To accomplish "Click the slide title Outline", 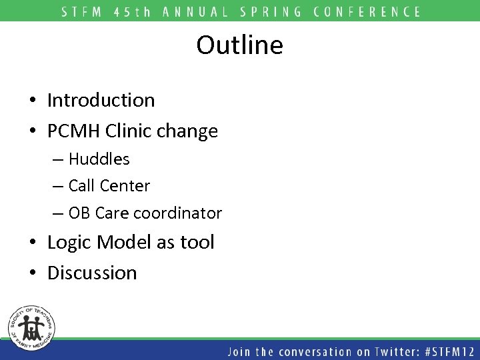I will [x=239, y=45].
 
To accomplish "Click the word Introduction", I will [x=101, y=100].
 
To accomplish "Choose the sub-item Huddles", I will [x=99, y=159].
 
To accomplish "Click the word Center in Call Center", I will [x=128, y=186].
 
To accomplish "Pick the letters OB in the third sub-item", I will [x=79, y=213].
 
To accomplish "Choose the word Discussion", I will [x=92, y=273].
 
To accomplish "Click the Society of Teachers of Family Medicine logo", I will [x=31, y=327].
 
